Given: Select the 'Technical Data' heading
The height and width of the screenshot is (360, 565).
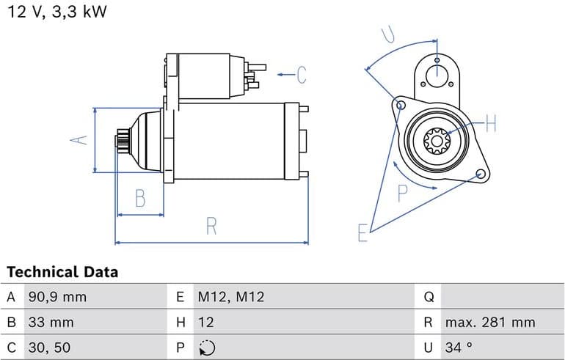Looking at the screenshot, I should click(62, 272).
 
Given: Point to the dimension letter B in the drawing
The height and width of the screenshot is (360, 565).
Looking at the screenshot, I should click(140, 198).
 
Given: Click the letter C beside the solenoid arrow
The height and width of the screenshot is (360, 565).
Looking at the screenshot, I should click(301, 74).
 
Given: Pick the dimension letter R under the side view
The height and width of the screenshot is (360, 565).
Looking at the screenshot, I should click(211, 227).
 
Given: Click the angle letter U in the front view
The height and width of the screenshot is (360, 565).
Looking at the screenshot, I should click(390, 34).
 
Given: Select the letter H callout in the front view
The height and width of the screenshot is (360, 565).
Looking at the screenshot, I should click(491, 123).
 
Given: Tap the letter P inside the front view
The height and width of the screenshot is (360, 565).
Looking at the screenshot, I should click(403, 194).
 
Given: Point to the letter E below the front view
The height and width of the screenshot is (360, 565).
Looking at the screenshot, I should click(362, 233).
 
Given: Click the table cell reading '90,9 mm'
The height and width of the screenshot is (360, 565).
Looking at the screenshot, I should click(57, 297).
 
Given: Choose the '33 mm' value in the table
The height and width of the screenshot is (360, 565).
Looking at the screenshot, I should click(51, 322).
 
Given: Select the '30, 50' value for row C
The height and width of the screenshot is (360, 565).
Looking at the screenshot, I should click(49, 347).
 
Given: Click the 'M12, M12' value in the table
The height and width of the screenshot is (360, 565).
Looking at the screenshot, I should click(230, 297).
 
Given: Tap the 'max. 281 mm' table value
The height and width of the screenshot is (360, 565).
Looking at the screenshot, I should click(489, 322).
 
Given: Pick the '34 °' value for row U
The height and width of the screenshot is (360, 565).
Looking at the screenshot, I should click(459, 347).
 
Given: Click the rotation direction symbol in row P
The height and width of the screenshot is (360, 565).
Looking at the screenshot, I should click(207, 347).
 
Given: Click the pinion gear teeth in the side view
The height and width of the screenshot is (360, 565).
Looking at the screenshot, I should click(122, 141).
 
